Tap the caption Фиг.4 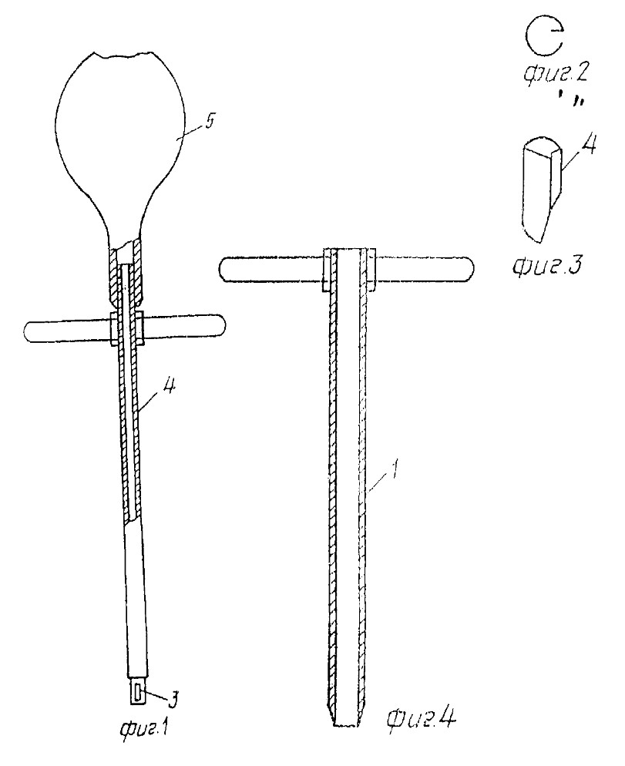422,717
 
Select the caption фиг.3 547,267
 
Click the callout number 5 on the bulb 209,122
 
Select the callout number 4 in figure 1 168,390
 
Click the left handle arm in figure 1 69,331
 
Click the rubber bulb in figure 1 119,142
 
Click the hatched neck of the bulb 126,271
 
